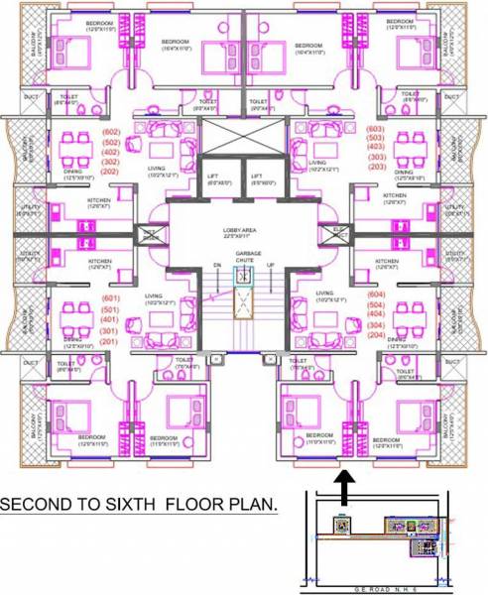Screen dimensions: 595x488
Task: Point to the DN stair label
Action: pyautogui.click(x=215, y=266)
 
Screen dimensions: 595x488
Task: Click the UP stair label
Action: pyautogui.click(x=271, y=266)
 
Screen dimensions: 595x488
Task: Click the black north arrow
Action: pyautogui.click(x=344, y=487)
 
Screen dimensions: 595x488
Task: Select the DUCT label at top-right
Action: pyautogui.click(x=451, y=97)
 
